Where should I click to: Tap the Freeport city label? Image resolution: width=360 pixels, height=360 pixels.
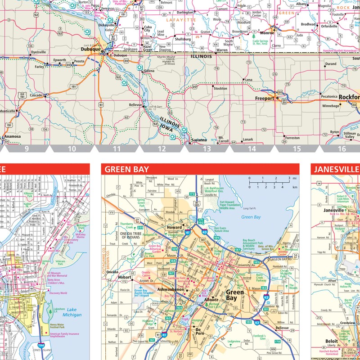[264, 98]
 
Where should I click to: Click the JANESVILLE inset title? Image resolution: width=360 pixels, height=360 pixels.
[337, 170]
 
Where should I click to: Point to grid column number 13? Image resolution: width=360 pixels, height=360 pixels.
[207, 148]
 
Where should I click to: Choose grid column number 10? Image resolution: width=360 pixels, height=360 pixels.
[72, 148]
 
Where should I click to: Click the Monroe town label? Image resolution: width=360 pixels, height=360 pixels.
[267, 33]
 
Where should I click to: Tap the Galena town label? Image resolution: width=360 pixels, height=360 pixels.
[149, 71]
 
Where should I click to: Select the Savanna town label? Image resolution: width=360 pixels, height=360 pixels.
[198, 139]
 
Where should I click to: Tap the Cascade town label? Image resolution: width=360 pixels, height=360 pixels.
[36, 95]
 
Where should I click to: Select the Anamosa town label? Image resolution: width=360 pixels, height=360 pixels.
[13, 137]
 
